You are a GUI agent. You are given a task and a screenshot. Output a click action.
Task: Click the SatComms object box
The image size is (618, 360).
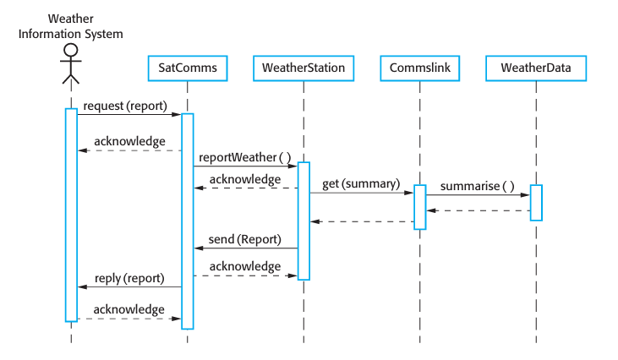188,67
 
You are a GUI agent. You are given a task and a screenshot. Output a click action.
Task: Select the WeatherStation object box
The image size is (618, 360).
304,67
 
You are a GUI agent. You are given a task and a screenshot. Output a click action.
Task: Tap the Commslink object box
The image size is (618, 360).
419,67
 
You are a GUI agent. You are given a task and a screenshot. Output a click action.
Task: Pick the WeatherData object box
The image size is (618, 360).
536,67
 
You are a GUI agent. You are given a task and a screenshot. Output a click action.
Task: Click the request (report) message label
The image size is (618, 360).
125,106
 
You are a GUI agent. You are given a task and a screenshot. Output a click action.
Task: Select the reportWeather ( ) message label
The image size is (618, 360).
245,157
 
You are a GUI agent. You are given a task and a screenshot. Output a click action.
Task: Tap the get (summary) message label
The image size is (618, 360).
355,184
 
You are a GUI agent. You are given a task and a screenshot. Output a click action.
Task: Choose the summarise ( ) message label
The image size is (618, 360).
478,185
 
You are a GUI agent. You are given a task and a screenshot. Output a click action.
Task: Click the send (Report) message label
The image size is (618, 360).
244,239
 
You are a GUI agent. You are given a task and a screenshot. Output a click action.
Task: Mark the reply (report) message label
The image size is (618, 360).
129,277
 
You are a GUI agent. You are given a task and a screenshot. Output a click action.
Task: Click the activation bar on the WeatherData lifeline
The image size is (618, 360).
536,203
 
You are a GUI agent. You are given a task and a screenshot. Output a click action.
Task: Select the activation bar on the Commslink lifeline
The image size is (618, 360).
419,207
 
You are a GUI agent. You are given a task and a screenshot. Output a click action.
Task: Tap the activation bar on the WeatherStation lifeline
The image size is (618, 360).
304,220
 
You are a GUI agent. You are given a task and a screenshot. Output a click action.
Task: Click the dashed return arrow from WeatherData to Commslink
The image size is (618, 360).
478,210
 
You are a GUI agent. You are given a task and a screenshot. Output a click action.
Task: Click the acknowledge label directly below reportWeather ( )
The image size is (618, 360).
245,179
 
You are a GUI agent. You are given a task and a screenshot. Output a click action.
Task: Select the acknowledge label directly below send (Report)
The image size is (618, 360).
245,266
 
